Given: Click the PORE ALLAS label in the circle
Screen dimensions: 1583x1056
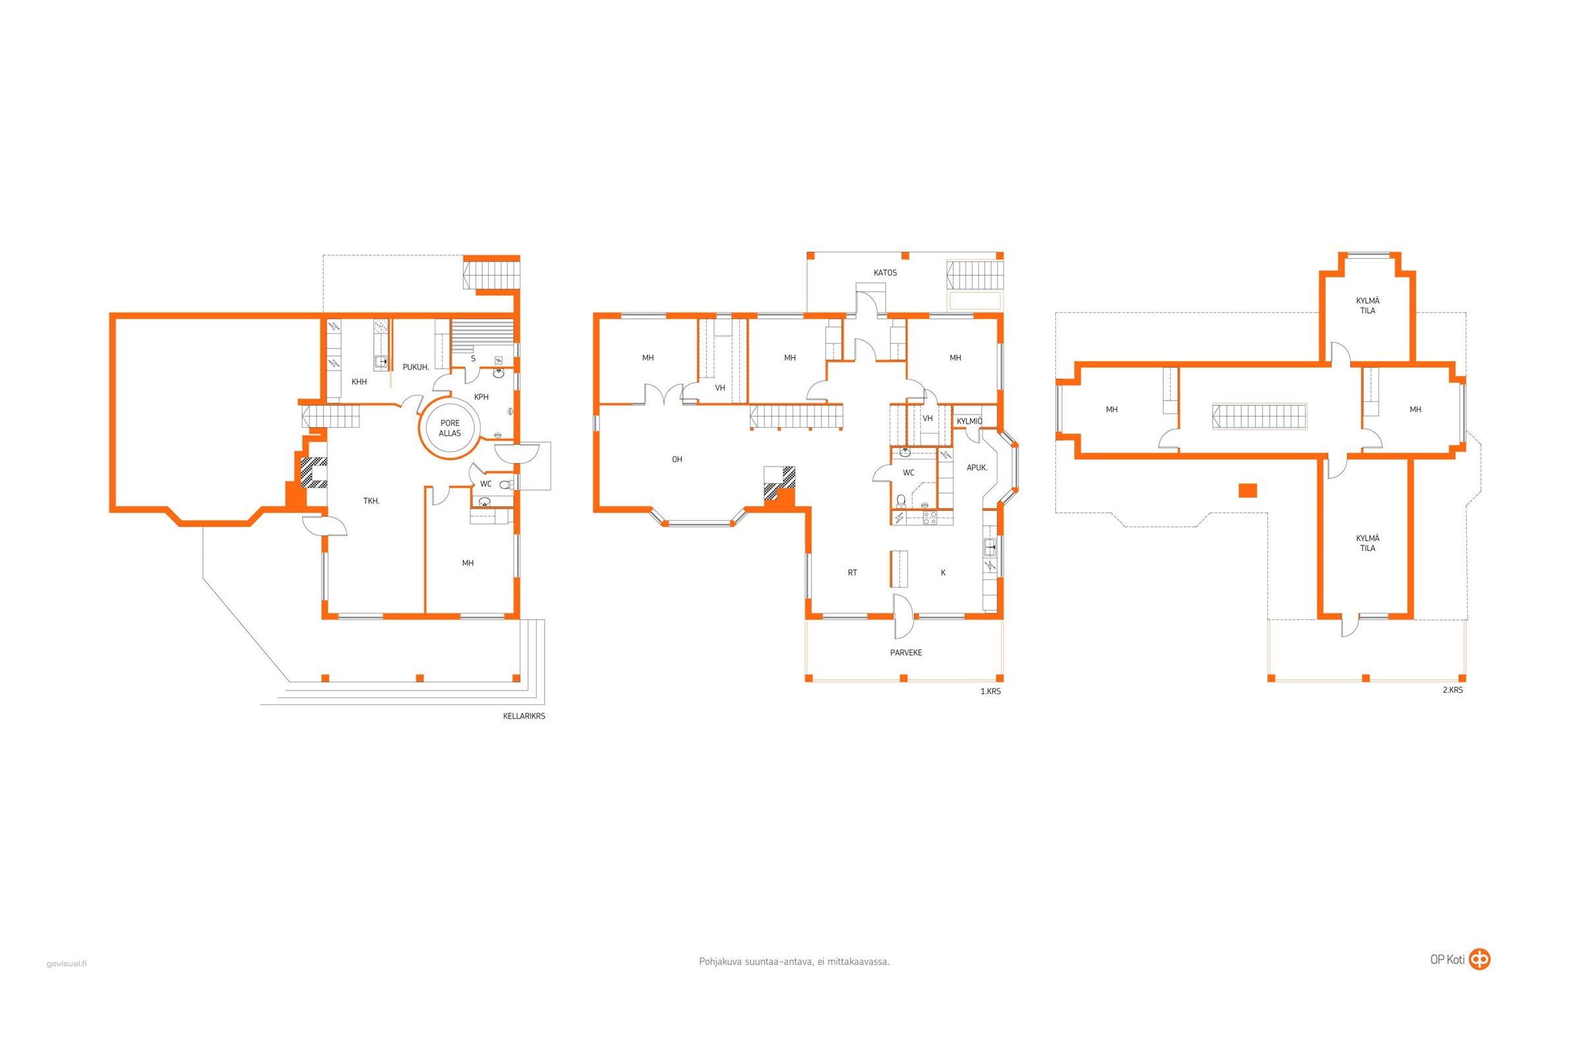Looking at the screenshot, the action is coord(450,428).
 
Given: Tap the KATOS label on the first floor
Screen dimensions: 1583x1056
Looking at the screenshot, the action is coord(885,273).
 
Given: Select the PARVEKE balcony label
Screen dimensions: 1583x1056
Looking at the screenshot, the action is coord(906,653).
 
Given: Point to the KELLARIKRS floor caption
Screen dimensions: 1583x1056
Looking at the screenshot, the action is coord(524,716).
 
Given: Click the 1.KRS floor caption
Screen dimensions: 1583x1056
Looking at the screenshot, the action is coord(990,691).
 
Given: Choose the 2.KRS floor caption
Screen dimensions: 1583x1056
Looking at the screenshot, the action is coord(1452,690).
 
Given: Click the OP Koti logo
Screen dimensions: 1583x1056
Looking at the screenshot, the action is coord(1460,959).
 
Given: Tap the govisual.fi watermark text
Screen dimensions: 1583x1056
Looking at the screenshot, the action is coord(67,964).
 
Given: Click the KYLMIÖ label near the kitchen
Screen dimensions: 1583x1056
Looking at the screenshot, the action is coord(969,422).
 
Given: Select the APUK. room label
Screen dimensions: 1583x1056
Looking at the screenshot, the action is coord(977,467).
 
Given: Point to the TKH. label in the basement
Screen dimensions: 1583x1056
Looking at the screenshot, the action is coord(371,501).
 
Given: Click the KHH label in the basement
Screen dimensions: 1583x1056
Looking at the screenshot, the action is coord(359,382).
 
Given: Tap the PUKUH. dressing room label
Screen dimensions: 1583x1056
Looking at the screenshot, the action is coord(416,367).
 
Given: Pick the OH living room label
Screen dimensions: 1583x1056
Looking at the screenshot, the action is coord(677,459).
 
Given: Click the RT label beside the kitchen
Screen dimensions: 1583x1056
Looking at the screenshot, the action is coord(852,573).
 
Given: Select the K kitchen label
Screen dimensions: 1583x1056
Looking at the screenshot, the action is coord(943,573).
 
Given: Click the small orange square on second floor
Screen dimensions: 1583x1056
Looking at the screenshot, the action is coord(1247,490).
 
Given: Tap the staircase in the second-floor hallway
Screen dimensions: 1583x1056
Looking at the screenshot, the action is coord(1259,416).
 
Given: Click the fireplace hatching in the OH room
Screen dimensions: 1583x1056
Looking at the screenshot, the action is coord(780,482).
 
